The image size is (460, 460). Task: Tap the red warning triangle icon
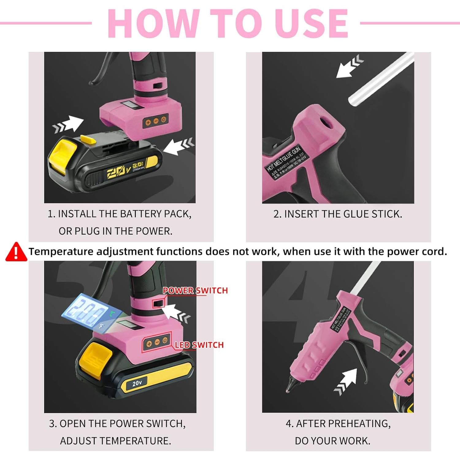click(x=16, y=252)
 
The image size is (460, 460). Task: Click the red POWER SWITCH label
click(x=195, y=290)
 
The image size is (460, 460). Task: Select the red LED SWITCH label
click(x=199, y=345)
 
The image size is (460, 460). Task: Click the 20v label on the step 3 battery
click(x=137, y=383)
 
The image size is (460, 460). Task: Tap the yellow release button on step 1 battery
click(x=64, y=156)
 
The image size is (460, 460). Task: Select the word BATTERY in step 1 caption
click(x=141, y=214)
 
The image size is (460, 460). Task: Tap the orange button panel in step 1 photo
click(x=155, y=121)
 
